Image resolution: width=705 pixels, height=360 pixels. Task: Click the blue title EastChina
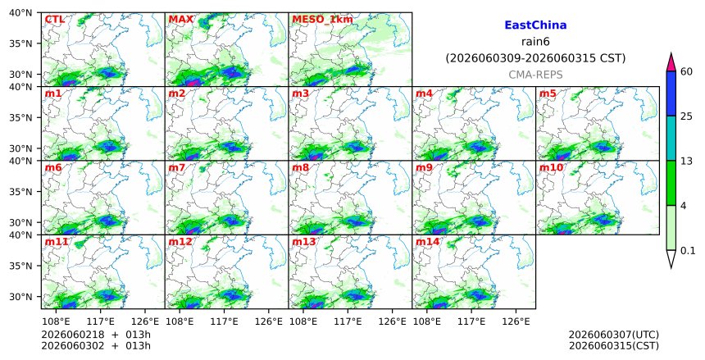pos(535,25)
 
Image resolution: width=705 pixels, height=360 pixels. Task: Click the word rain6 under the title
pos(535,42)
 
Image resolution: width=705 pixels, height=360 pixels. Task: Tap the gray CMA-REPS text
pos(535,75)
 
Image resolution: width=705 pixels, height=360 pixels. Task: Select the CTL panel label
pos(54,20)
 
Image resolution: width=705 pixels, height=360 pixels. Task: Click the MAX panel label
pos(180,20)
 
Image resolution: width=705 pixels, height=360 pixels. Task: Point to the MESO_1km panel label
pos(322,20)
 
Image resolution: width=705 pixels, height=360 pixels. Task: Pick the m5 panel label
pos(548,93)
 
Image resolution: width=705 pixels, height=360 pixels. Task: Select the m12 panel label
pos(180,242)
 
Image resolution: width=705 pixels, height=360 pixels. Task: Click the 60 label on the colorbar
pos(687,71)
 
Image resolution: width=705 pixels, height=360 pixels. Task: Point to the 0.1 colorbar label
pos(688,251)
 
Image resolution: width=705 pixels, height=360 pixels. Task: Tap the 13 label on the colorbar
pos(686,161)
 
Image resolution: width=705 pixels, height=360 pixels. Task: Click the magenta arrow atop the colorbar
pos(671,62)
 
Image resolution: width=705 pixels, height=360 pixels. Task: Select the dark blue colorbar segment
pos(671,93)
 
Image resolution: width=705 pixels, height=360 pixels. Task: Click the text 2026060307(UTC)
pos(614,335)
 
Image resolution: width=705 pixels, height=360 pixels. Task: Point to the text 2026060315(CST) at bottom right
pos(614,345)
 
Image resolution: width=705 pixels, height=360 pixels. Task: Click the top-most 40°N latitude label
pos(20,12)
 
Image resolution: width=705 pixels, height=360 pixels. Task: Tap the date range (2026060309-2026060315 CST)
pos(535,58)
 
